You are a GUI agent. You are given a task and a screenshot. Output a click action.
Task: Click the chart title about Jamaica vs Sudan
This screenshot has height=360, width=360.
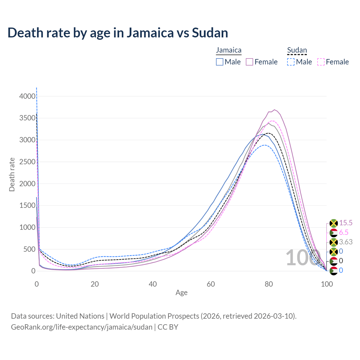click(118, 33)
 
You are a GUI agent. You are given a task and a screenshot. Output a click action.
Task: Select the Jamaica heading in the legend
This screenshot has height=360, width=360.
click(229, 50)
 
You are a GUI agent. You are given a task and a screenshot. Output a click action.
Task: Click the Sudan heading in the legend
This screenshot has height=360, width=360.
click(297, 50)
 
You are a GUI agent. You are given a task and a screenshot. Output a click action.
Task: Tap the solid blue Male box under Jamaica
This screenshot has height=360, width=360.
click(220, 62)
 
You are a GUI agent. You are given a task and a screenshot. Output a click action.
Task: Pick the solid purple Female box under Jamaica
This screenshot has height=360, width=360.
click(249, 62)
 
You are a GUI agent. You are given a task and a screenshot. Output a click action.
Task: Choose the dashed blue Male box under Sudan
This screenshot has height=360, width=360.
click(291, 62)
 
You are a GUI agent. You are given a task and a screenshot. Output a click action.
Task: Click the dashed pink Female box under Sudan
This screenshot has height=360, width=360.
click(321, 62)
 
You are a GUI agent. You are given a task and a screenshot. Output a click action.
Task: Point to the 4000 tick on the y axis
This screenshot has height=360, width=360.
click(27, 96)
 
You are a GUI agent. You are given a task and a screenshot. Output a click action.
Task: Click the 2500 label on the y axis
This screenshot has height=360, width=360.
click(27, 162)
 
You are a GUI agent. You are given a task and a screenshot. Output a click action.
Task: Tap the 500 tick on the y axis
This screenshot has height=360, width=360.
click(29, 249)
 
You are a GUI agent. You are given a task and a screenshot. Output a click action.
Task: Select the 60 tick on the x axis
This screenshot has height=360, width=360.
click(211, 284)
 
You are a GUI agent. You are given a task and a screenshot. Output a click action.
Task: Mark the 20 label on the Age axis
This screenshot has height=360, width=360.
click(95, 284)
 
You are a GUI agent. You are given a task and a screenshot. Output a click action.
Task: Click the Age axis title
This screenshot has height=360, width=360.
click(181, 292)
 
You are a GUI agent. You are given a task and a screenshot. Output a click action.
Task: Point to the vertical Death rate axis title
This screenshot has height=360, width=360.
click(12, 174)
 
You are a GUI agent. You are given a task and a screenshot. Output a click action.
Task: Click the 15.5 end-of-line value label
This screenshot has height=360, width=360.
click(346, 223)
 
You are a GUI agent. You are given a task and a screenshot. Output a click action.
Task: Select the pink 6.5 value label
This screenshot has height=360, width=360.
click(344, 233)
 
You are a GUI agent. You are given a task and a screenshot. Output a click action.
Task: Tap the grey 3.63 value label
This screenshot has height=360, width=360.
click(346, 242)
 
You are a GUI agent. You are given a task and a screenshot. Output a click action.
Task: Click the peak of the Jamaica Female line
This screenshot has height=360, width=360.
click(274, 110)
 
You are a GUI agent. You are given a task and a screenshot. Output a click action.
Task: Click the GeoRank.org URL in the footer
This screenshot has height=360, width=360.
click(82, 327)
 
